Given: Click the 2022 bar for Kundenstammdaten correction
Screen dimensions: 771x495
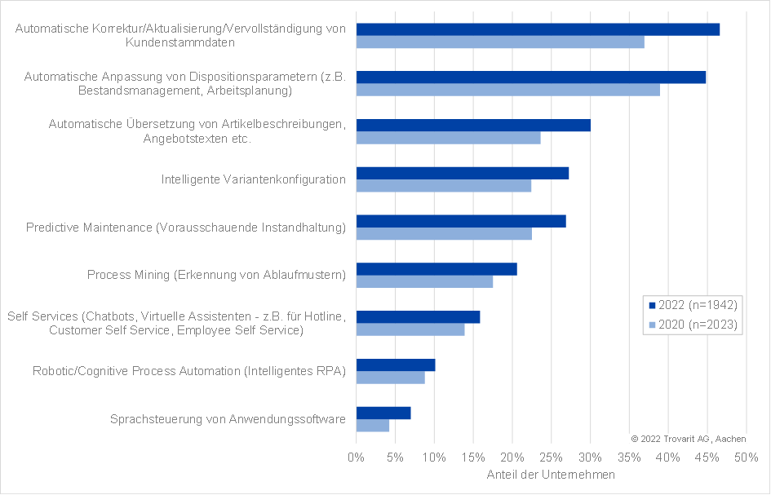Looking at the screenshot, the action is pyautogui.click(x=538, y=29).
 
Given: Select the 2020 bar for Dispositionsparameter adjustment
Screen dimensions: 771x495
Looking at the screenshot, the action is pyautogui.click(x=508, y=90).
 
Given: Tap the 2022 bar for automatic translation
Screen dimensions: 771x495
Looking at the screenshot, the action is pyautogui.click(x=473, y=126).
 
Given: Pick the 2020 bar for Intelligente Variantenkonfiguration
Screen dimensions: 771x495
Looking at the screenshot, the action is pyautogui.click(x=444, y=186).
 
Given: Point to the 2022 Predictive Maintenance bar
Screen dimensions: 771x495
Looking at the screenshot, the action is pyautogui.click(x=461, y=221).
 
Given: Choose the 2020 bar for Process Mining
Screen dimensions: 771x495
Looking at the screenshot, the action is pyautogui.click(x=424, y=281).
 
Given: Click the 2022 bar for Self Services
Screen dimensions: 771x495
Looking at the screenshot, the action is pyautogui.click(x=418, y=317).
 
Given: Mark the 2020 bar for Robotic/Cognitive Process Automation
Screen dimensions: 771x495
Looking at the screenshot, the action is pyautogui.click(x=391, y=378).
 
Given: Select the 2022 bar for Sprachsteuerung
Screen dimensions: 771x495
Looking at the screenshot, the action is pyautogui.click(x=383, y=413).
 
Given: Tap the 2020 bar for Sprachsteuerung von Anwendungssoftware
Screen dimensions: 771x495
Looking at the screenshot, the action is pyautogui.click(x=373, y=426).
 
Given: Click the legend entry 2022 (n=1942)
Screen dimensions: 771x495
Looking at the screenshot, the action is pyautogui.click(x=693, y=305).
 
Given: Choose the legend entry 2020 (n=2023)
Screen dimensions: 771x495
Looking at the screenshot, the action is pyautogui.click(x=693, y=325).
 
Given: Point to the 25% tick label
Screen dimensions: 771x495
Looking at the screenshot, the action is pyautogui.click(x=551, y=457).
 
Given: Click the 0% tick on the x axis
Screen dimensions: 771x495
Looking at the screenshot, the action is pyautogui.click(x=356, y=457).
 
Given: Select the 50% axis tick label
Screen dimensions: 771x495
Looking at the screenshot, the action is pyautogui.click(x=746, y=457).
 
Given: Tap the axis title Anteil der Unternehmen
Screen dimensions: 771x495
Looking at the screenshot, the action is pyautogui.click(x=551, y=475).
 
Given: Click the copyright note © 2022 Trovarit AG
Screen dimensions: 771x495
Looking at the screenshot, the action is pyautogui.click(x=689, y=439).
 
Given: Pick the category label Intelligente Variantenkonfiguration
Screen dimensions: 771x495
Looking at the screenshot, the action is pyautogui.click(x=253, y=179).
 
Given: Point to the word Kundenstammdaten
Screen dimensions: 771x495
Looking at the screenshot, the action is pyautogui.click(x=180, y=42).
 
